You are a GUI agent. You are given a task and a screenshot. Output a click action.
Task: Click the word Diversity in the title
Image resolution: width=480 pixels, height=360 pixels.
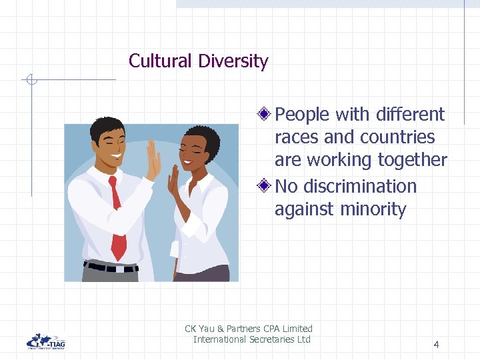pyautogui.click(x=233, y=61)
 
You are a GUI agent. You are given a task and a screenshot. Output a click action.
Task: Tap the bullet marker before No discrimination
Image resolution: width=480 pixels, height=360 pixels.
pyautogui.click(x=266, y=186)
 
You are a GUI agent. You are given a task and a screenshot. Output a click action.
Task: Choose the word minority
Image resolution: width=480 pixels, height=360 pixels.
pyautogui.click(x=373, y=209)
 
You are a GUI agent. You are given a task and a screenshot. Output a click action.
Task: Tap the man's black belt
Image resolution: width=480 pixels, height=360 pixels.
pyautogui.click(x=110, y=268)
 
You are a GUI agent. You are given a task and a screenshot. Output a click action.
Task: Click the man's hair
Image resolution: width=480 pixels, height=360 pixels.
pyautogui.click(x=107, y=126)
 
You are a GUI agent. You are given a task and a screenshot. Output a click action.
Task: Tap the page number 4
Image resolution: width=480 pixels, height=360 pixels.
pyautogui.click(x=436, y=345)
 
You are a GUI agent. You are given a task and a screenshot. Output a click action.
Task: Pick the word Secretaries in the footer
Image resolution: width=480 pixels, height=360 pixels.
pyautogui.click(x=270, y=339)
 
